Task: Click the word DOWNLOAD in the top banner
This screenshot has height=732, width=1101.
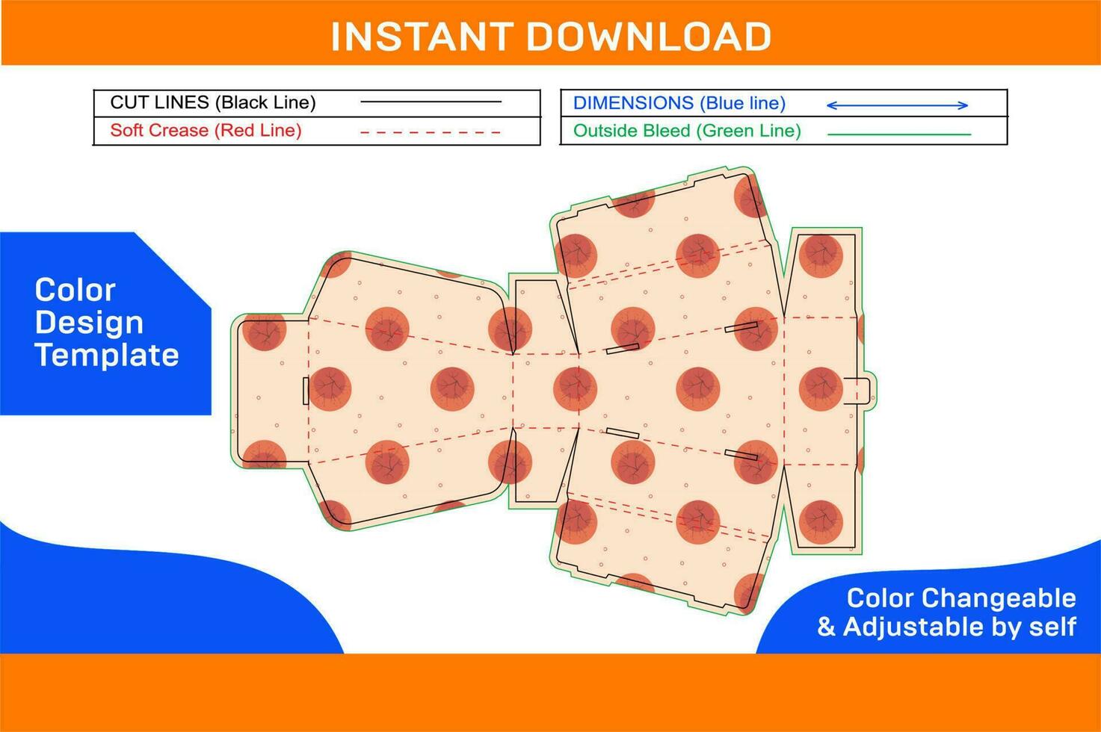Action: point(649,37)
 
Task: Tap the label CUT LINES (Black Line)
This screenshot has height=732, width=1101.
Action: point(213,102)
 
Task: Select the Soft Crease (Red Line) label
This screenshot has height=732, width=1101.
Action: point(206,130)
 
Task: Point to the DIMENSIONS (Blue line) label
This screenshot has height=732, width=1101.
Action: point(679,102)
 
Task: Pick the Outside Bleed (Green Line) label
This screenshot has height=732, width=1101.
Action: point(687,131)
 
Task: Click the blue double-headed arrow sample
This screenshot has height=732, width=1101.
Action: point(897,105)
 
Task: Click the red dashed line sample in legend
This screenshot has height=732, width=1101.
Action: point(431,133)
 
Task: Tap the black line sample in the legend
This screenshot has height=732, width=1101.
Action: point(431,102)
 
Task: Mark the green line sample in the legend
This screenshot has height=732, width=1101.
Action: point(899,134)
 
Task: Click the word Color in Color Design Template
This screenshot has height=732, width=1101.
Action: point(75,290)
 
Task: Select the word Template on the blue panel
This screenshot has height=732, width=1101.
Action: point(107,355)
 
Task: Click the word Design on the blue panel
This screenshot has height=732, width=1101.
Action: point(89,323)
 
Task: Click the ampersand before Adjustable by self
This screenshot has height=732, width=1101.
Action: point(826,627)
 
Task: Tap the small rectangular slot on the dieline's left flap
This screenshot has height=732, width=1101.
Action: point(306,391)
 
